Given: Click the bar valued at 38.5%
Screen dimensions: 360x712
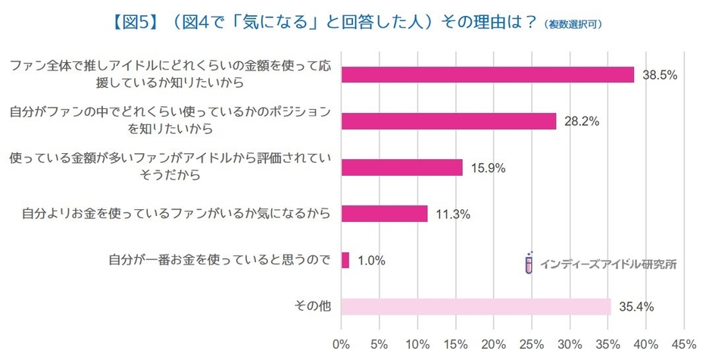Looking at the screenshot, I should [488, 74].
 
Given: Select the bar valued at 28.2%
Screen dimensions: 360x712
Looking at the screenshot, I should [448, 121].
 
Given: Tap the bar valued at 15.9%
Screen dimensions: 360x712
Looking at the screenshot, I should [401, 167].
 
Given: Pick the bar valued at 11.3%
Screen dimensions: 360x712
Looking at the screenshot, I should [384, 214].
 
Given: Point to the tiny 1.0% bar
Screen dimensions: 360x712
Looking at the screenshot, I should [345, 261].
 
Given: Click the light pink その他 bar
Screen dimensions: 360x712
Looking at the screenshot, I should [476, 307].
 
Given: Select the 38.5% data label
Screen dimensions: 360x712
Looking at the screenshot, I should [660, 75].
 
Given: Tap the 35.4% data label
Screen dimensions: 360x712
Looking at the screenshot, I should [637, 307].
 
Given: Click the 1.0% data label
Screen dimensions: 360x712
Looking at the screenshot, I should [371, 261].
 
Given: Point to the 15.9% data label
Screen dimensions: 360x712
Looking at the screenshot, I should [489, 167].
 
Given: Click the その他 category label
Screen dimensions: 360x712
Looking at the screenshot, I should [312, 306].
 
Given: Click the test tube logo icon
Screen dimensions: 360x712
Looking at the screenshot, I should [529, 262].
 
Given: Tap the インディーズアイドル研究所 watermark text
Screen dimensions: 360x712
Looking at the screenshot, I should [607, 265].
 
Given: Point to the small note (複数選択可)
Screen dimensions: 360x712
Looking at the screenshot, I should [573, 24].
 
